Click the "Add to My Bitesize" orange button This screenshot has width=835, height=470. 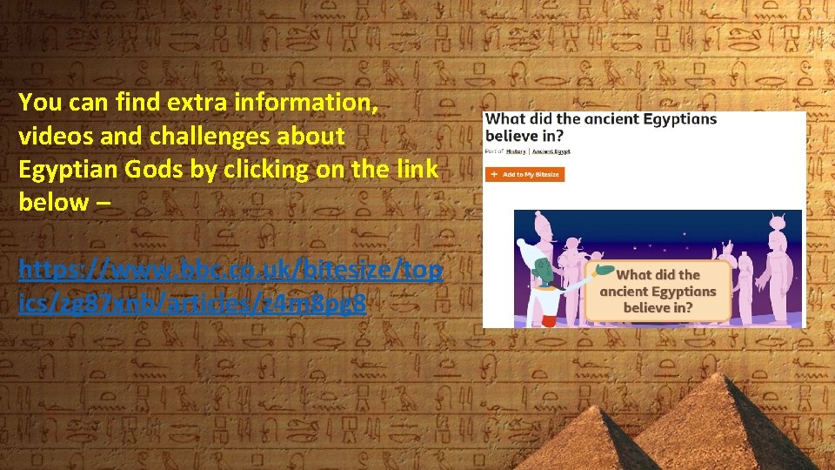coord(524,174)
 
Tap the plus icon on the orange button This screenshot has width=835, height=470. coord(494,174)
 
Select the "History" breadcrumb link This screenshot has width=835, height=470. coord(516,151)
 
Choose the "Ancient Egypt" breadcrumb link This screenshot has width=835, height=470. coord(551,151)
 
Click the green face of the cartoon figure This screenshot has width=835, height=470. coord(540,267)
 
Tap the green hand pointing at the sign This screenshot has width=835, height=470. coord(605,271)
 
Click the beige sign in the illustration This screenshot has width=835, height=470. coord(658,291)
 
